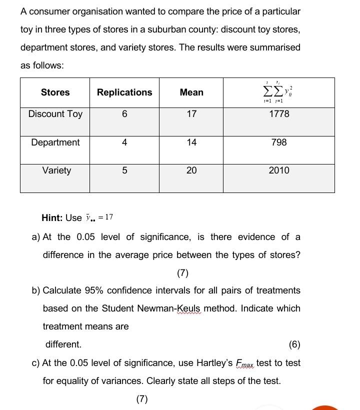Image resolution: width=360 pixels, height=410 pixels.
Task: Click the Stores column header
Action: [x=55, y=92]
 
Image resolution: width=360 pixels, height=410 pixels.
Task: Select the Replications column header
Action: [x=124, y=92]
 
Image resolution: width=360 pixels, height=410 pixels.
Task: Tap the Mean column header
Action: [x=191, y=92]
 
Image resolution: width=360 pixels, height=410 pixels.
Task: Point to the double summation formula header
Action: [x=278, y=92]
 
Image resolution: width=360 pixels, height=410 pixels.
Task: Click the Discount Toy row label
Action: [x=55, y=114]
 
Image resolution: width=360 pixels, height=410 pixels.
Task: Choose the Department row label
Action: [x=55, y=142]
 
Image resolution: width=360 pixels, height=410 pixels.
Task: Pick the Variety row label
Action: [x=56, y=170]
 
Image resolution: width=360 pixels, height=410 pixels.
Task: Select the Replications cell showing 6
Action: [x=124, y=114]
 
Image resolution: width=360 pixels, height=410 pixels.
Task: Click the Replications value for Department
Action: [x=124, y=142]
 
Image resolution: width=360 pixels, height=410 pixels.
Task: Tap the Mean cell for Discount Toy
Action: [x=191, y=114]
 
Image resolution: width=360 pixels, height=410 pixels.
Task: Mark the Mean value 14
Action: [x=191, y=142]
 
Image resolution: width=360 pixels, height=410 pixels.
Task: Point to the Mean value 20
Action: [x=191, y=170]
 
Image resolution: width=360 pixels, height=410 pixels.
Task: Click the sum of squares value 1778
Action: [x=278, y=114]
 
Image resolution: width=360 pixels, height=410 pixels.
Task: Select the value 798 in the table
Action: [x=278, y=142]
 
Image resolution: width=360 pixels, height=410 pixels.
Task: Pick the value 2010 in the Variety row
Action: [x=278, y=170]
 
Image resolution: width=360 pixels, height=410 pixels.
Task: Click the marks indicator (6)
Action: [x=294, y=344]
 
